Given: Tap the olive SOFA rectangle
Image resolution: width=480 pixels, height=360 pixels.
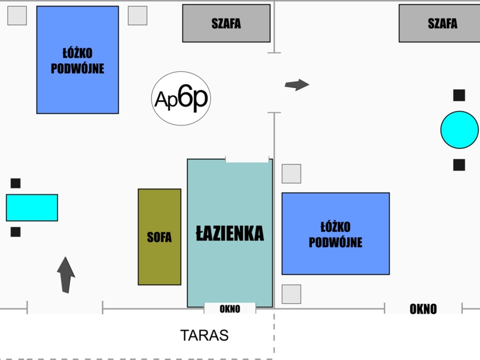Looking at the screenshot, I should pyautogui.click(x=159, y=237).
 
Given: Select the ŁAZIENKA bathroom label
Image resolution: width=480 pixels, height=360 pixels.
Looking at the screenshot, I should pyautogui.click(x=229, y=234).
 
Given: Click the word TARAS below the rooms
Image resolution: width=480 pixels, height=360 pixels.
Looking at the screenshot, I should pyautogui.click(x=204, y=335).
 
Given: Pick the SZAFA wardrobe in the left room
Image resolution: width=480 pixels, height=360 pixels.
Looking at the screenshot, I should pyautogui.click(x=226, y=23).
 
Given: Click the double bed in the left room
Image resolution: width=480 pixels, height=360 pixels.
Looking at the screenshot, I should pyautogui.click(x=77, y=60).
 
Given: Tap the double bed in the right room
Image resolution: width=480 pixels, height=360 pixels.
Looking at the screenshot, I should pyautogui.click(x=335, y=234).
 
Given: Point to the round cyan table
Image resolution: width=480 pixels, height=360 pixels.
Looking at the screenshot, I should pyautogui.click(x=460, y=130).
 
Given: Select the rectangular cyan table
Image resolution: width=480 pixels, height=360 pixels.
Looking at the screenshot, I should pyautogui.click(x=32, y=208).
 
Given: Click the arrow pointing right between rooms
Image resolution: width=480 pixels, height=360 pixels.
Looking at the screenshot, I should pyautogui.click(x=297, y=85).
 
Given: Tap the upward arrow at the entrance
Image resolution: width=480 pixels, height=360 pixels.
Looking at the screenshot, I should pyautogui.click(x=66, y=275).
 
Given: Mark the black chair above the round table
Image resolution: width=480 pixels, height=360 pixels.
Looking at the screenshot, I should pyautogui.click(x=459, y=95).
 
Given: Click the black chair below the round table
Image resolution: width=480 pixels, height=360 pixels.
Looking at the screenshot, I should pyautogui.click(x=459, y=165).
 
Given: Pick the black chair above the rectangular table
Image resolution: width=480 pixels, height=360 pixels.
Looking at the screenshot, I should pyautogui.click(x=16, y=183).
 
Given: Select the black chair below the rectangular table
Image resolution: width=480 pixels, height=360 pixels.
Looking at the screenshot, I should pyautogui.click(x=16, y=232).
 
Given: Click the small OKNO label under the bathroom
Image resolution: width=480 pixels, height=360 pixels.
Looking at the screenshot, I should pyautogui.click(x=229, y=309).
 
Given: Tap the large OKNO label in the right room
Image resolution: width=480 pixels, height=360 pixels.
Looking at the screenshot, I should pyautogui.click(x=423, y=309).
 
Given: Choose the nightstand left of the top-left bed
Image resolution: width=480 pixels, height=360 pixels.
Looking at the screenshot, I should pyautogui.click(x=17, y=16).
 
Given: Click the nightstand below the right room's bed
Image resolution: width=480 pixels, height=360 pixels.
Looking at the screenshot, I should pyautogui.click(x=292, y=294).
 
